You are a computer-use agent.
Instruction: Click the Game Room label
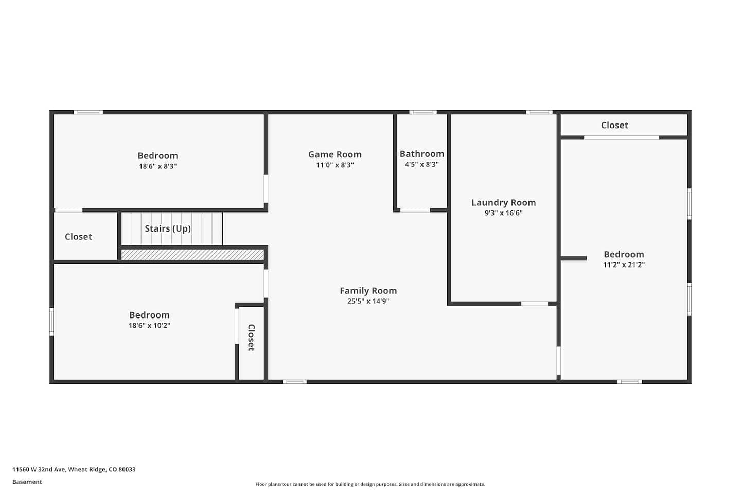(335, 154)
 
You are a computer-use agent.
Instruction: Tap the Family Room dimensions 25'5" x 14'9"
(368, 301)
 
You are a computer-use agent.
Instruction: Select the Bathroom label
(422, 154)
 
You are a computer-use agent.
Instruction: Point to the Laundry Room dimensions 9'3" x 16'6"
(503, 213)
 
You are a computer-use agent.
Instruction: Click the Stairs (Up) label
(168, 228)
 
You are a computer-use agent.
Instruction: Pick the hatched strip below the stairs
(192, 255)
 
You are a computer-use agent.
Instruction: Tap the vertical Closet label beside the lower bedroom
(251, 338)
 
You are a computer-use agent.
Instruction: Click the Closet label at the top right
(614, 125)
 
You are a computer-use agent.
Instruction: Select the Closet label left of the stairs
(78, 237)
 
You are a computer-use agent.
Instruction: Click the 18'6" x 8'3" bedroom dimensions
(158, 166)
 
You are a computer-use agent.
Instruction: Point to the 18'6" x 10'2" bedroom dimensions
(149, 326)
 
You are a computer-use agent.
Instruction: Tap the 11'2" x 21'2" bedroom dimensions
(624, 264)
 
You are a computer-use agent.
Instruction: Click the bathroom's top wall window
(423, 112)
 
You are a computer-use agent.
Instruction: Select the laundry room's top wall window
(539, 112)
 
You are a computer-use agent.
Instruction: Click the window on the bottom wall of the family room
(294, 382)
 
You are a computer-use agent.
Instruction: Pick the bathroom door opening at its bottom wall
(415, 210)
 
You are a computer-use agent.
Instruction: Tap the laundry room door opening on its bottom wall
(535, 304)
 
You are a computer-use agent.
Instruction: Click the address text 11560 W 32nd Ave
(39, 469)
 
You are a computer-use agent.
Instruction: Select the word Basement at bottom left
(27, 482)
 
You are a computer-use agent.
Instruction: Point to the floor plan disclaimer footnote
(370, 484)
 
